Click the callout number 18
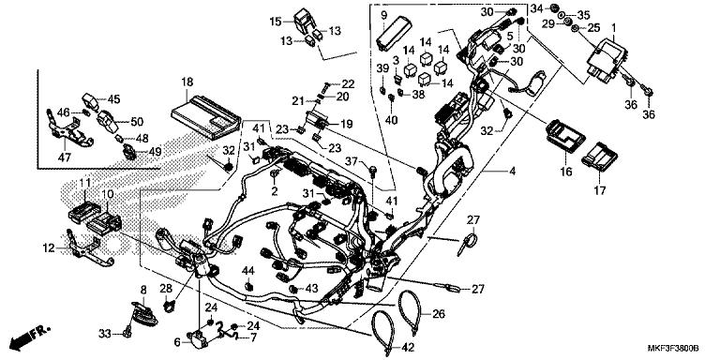click(x=187, y=82)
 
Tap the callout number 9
click(x=383, y=16)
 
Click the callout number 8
click(x=143, y=289)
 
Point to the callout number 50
click(x=137, y=122)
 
